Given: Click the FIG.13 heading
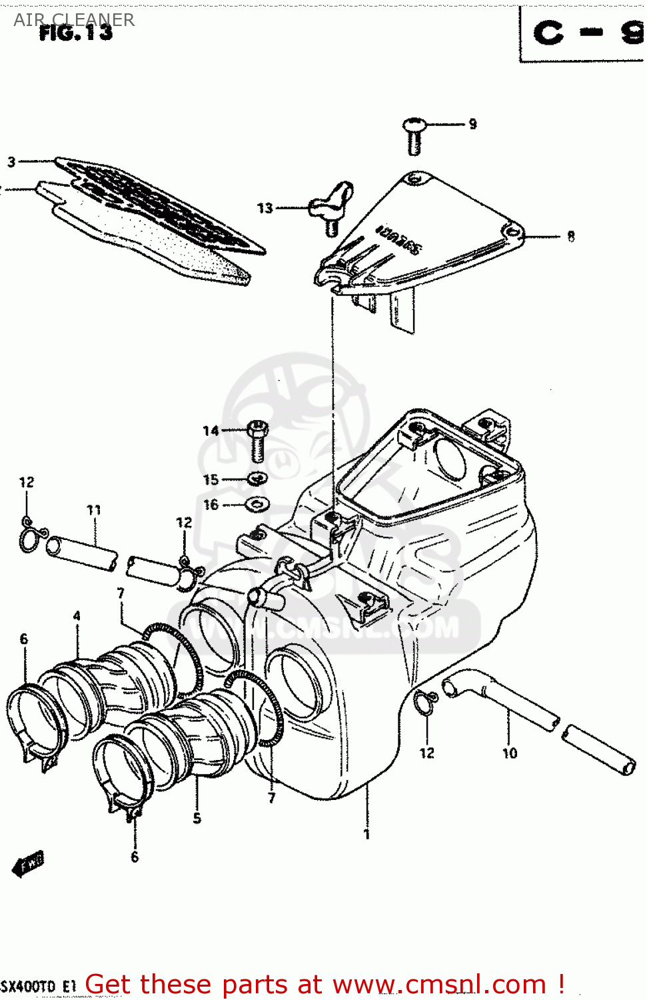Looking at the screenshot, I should (76, 33).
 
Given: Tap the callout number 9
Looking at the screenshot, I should (472, 124).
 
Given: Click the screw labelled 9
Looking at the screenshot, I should (414, 135).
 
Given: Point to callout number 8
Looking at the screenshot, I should (571, 236).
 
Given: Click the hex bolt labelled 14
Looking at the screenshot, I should (258, 440).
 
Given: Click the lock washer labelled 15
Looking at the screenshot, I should (257, 479).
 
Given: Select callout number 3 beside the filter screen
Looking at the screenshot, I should (11, 161).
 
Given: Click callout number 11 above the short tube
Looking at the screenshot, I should (94, 510).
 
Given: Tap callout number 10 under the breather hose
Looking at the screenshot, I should (510, 753).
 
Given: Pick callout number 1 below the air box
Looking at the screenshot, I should (366, 834).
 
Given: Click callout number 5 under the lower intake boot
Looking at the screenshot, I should (197, 818).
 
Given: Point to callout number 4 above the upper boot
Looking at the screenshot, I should (77, 616).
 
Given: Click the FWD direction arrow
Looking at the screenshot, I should (29, 865).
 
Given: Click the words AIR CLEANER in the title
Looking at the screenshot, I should (74, 19).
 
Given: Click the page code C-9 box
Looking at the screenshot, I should (583, 33).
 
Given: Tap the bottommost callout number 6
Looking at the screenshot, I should (135, 857).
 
